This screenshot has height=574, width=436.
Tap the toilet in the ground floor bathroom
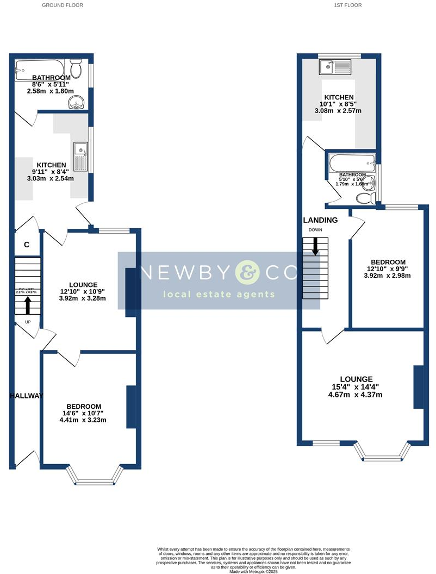click(77, 70)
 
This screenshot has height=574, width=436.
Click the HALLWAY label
click(26, 396)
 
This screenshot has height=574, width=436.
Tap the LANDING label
click(320, 220)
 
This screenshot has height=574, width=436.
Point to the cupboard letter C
click(26, 245)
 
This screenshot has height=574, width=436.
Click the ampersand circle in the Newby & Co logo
click(248, 272)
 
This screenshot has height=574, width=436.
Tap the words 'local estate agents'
click(219, 295)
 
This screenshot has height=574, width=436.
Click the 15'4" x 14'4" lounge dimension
click(356, 387)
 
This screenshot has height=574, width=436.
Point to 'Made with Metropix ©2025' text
click(254, 571)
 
